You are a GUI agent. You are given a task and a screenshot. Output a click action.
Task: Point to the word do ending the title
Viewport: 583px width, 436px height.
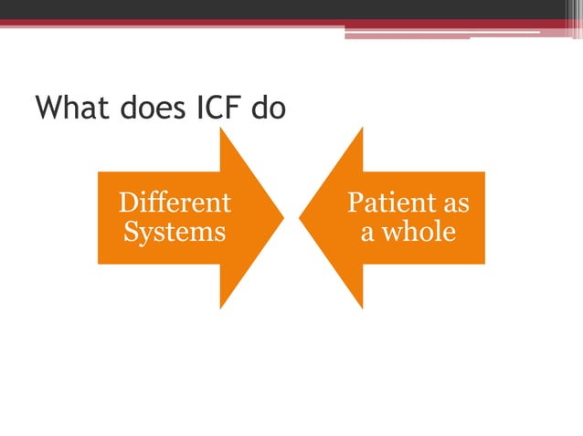[270, 109]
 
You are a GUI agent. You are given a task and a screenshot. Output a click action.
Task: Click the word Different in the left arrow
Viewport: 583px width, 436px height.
[175, 202]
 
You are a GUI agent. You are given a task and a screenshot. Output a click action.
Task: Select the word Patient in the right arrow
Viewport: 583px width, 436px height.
[383, 202]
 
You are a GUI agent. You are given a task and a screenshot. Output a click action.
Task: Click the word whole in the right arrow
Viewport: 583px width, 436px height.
[419, 232]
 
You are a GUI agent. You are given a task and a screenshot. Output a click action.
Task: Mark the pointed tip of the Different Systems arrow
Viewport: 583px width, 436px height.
[283, 218]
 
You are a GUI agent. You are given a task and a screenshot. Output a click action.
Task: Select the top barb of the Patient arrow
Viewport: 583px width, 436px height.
[361, 133]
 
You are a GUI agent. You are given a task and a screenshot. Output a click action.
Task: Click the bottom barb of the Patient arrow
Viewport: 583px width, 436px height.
[361, 303]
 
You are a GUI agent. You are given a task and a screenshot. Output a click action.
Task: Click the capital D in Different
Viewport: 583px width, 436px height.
[130, 202]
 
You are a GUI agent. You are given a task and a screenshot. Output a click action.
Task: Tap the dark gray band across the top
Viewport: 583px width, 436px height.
[291, 9]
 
